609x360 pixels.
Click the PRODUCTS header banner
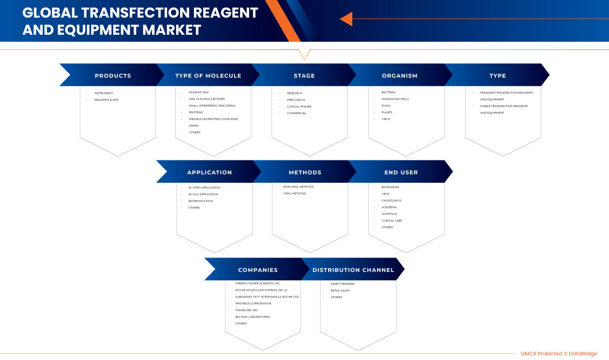click(x=113, y=76)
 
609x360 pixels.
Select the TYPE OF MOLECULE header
click(x=208, y=76)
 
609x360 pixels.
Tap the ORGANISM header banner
click(x=399, y=76)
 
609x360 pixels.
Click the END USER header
click(x=401, y=172)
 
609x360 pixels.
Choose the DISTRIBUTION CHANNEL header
click(x=353, y=270)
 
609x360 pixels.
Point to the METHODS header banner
click(x=305, y=172)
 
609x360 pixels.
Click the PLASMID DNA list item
click(x=199, y=92)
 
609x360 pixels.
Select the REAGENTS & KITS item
click(x=106, y=100)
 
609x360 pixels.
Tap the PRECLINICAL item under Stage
click(x=296, y=100)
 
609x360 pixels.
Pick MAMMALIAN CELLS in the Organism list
click(x=395, y=99)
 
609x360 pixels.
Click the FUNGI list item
click(x=386, y=106)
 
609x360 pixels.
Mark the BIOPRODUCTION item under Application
click(x=201, y=201)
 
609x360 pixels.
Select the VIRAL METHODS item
click(x=294, y=193)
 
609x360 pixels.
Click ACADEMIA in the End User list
click(x=389, y=207)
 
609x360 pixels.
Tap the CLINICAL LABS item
click(x=392, y=221)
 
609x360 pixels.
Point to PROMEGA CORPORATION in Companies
click(x=253, y=303)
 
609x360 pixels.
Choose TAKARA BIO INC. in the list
click(x=247, y=310)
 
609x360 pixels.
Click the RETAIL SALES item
click(x=340, y=290)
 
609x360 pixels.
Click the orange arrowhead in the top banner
click(x=346, y=19)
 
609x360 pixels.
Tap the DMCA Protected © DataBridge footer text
click(x=559, y=354)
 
